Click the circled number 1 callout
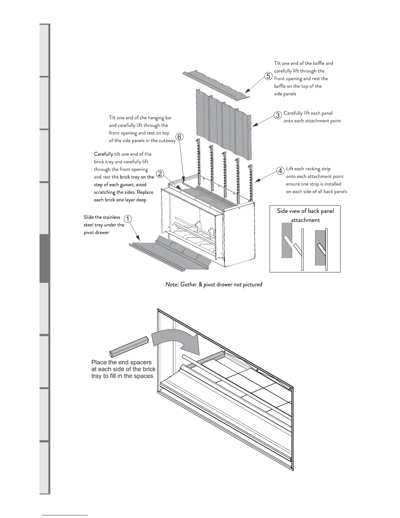tap(128, 219)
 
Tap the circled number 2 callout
tap(160, 174)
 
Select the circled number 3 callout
tap(278, 115)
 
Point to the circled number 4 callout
tap(280, 171)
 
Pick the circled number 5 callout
tap(268, 76)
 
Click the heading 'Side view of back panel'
tap(305, 211)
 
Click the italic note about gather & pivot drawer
tap(214, 285)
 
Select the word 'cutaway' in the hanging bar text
tap(167, 141)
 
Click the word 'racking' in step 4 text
tap(313, 169)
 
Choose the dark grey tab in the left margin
tap(44, 258)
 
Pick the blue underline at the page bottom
tap(65, 515)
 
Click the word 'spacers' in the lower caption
tap(141, 362)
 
